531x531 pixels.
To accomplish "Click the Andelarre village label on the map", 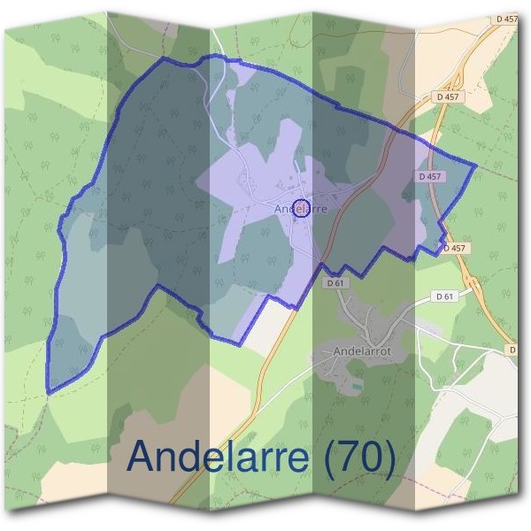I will click(x=301, y=210).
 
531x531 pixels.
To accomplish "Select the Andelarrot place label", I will click(x=363, y=351).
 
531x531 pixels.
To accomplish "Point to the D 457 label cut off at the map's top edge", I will click(x=506, y=18).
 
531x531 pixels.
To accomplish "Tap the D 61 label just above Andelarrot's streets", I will click(x=334, y=283).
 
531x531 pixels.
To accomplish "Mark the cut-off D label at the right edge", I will click(x=512, y=350).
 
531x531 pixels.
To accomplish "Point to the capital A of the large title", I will click(x=144, y=457).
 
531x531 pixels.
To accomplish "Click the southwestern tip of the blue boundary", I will click(x=50, y=391).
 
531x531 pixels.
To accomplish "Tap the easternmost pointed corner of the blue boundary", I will click(x=476, y=165).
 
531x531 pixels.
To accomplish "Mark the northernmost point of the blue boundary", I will click(x=212, y=56).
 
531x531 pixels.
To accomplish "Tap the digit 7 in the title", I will click(x=354, y=457).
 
